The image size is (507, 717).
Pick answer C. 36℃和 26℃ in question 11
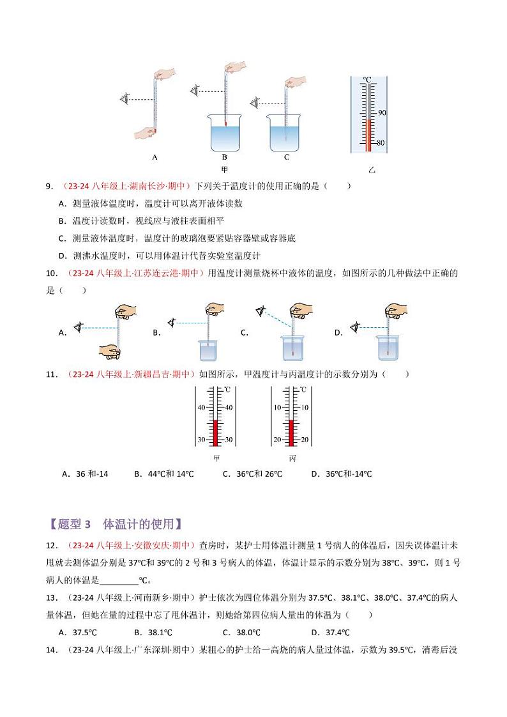coord(252,474)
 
